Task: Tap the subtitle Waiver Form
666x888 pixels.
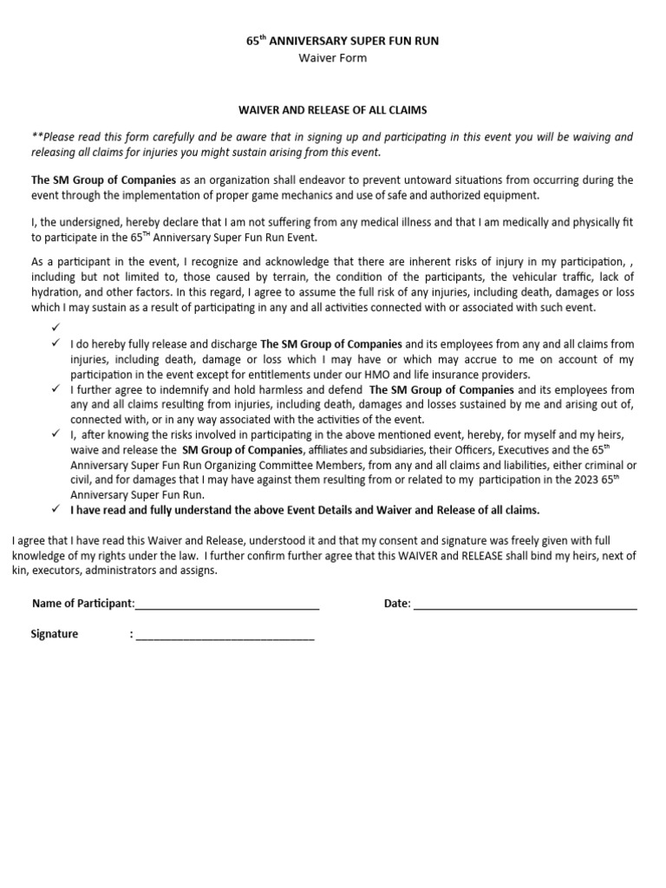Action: point(332,58)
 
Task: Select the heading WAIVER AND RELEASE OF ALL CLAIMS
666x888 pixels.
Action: point(333,110)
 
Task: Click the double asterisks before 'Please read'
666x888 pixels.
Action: point(36,137)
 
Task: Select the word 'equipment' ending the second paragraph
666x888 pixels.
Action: point(511,195)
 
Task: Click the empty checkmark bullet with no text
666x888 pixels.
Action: point(55,328)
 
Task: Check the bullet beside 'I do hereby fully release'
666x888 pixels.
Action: point(55,344)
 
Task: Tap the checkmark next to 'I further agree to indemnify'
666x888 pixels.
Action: point(55,390)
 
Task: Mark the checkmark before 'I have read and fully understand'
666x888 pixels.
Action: point(55,509)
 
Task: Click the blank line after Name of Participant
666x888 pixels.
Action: point(226,604)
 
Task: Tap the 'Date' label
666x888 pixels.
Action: point(396,604)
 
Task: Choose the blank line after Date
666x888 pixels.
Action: point(526,604)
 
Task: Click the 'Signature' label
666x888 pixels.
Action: point(55,634)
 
